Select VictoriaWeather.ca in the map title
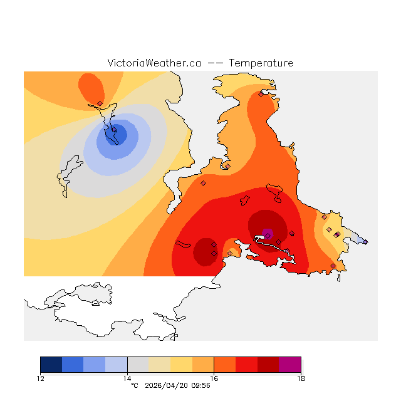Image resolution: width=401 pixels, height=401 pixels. tap(154, 63)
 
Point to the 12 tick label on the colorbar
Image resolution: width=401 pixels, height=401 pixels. tap(40, 378)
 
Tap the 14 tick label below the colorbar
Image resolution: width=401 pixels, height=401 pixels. tap(127, 378)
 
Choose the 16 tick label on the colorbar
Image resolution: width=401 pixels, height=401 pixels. tap(214, 378)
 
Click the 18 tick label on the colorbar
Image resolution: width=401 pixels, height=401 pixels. tap(301, 378)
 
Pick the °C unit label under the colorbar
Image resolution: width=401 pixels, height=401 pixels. tap(134, 385)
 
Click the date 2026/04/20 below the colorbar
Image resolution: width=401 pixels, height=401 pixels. tap(167, 385)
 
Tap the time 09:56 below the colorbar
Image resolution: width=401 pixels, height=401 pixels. tap(200, 385)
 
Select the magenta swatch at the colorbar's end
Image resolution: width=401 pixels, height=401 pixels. tap(289, 365)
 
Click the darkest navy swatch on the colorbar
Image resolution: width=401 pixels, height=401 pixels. tap(51, 365)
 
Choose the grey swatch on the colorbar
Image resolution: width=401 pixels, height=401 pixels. tap(138, 365)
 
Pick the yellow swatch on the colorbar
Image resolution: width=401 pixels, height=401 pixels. tap(181, 365)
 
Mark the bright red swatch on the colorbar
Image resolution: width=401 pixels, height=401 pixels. tap(246, 365)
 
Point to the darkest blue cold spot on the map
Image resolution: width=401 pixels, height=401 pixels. tap(117, 134)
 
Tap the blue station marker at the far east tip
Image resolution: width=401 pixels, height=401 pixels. tap(365, 242)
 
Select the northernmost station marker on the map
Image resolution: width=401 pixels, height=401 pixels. tap(261, 94)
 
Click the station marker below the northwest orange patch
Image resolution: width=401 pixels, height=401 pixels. tap(100, 103)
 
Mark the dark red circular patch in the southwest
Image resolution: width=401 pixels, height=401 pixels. tap(204, 251)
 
